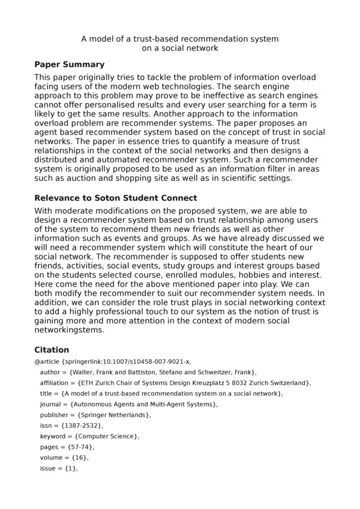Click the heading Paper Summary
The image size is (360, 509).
(70, 65)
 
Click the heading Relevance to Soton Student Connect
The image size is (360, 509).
(116, 198)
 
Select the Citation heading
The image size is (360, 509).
(52, 350)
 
